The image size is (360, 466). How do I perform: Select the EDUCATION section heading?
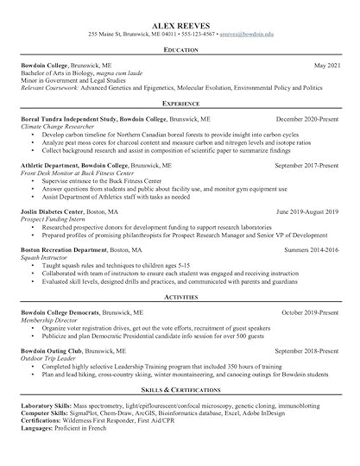[180, 51]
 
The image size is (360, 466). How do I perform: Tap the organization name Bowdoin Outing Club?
[54, 351]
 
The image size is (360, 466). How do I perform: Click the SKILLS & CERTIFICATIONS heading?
[180, 393]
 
